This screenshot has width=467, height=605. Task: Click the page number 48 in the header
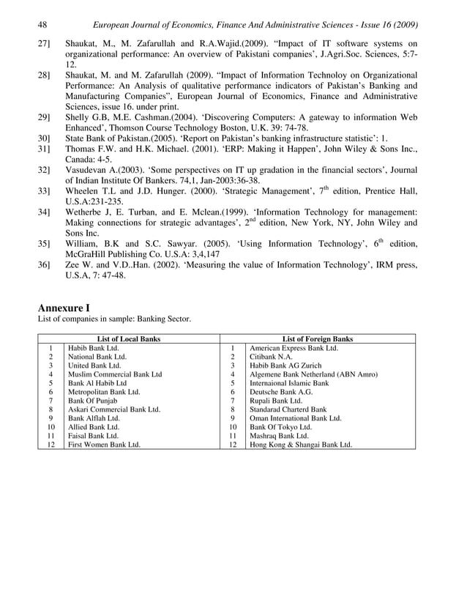[x=42, y=24]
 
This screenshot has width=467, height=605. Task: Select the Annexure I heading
[x=64, y=308]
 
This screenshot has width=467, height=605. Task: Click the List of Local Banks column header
[x=129, y=339]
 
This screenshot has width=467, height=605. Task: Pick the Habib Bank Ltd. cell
[x=93, y=349]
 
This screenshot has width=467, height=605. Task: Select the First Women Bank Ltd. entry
[x=104, y=444]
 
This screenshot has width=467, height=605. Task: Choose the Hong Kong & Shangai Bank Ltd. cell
[x=300, y=444]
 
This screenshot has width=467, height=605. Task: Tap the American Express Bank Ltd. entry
[x=294, y=349]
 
